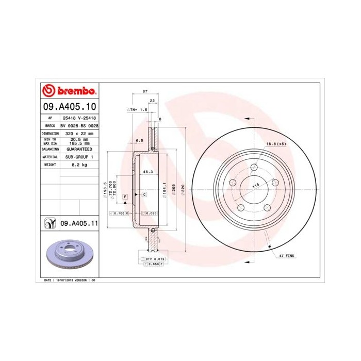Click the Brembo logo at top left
coord(68,91)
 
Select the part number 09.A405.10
coord(68,107)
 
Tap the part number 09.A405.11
coord(79,223)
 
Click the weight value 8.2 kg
coord(78,164)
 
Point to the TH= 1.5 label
coord(138,110)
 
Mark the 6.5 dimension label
coord(139,140)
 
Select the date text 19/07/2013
coord(64,280)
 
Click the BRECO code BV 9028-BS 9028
coord(79,125)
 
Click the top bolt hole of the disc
coord(254,168)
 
